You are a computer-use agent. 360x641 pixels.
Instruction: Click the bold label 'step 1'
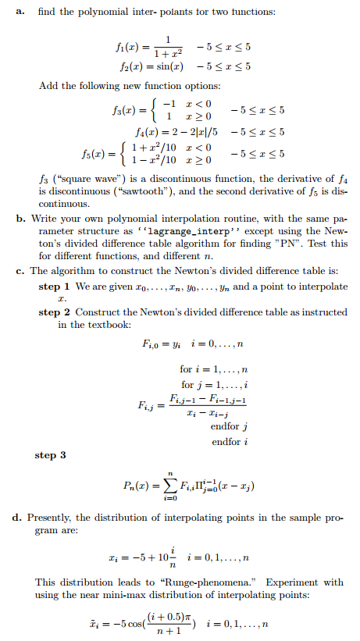click(53, 286)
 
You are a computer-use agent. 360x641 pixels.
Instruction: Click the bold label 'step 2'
click(53, 312)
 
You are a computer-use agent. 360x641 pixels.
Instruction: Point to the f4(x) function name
click(149, 133)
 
